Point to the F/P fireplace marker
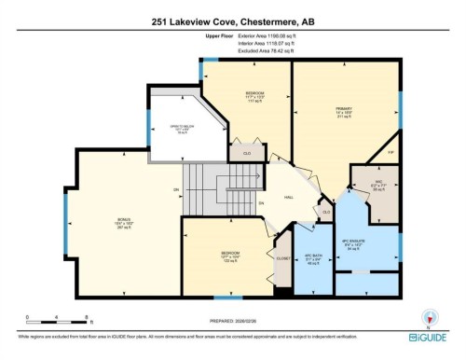click(x=391, y=151)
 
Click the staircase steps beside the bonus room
click(x=203, y=187)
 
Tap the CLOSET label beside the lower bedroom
click(x=281, y=257)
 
